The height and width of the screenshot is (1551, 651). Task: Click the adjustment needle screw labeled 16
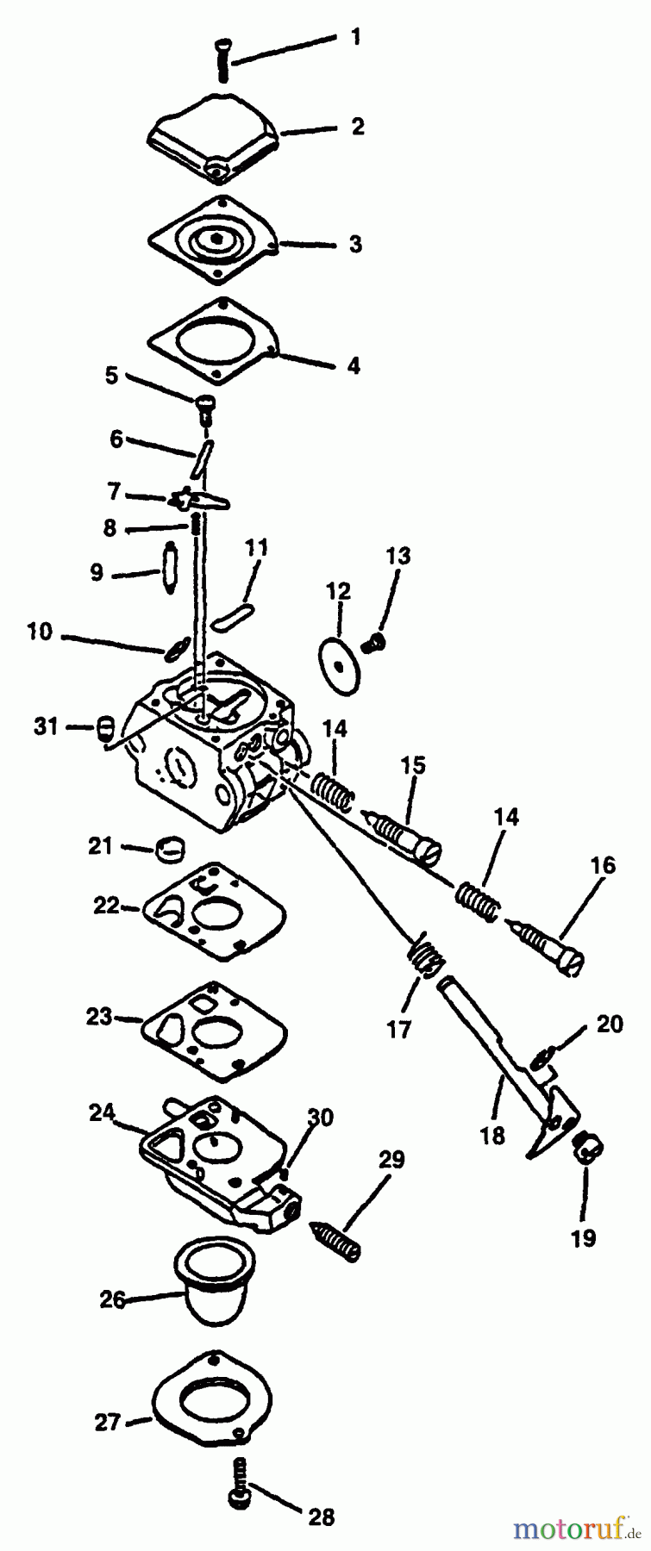pos(548,948)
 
